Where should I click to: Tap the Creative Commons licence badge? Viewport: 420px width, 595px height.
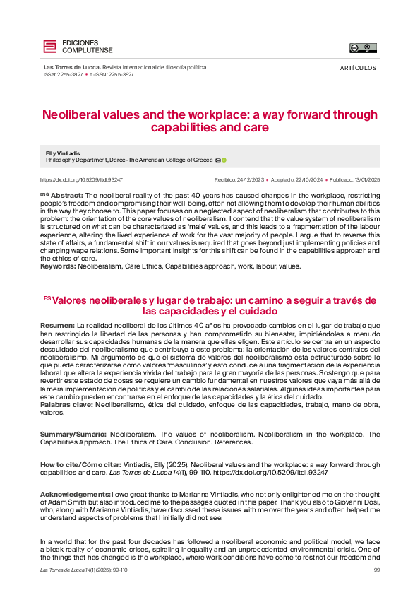364,47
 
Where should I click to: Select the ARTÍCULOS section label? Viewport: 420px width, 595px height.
358,68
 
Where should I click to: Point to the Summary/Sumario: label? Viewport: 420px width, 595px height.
73,434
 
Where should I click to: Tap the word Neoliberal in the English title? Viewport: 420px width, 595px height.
71,114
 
